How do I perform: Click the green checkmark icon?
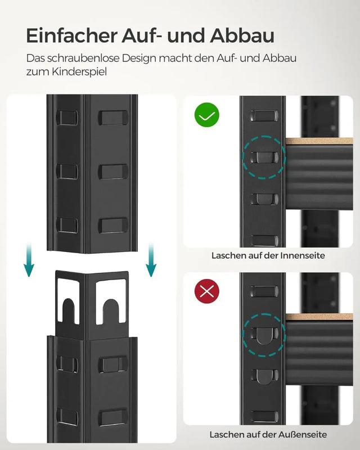206,116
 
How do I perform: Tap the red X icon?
206,291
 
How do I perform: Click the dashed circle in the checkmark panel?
263,157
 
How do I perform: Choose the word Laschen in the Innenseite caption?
228,255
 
